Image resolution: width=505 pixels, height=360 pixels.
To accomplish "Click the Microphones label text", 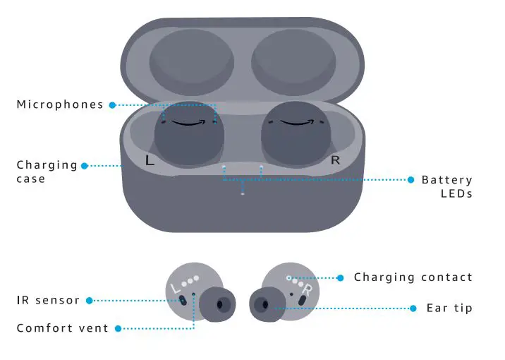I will (60, 105).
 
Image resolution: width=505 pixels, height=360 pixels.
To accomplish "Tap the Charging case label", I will (47, 172).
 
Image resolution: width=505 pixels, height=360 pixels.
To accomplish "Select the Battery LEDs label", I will (446, 186).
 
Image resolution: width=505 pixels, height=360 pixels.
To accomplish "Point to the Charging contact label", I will (413, 277).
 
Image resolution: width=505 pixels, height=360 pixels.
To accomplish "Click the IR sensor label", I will (48, 301).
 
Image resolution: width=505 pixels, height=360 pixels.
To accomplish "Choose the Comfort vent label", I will (63, 328).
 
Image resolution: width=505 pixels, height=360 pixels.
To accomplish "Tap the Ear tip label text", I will (449, 308).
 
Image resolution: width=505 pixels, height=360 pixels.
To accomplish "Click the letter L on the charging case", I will (149, 160).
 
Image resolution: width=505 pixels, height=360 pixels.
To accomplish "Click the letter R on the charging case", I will (335, 160).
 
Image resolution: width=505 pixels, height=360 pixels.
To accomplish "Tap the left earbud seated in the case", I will (189, 136).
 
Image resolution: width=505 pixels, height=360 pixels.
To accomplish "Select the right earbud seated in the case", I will (296, 136).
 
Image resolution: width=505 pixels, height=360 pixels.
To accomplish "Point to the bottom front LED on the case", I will (243, 193).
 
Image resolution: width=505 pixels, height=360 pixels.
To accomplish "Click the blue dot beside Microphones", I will (111, 105).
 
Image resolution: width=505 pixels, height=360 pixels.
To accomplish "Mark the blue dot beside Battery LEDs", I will (411, 180).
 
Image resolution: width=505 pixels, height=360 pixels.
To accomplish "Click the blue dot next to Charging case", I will (85, 166).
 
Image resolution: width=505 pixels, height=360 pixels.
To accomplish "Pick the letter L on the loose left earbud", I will (176, 287).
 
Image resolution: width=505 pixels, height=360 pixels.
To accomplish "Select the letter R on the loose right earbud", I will (307, 289).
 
